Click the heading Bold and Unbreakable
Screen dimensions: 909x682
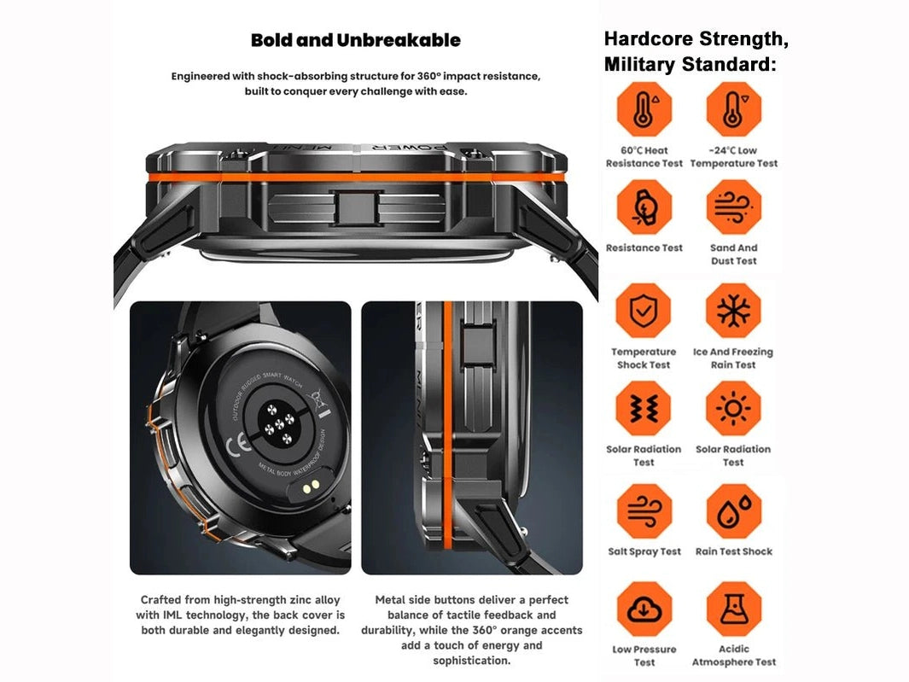355,40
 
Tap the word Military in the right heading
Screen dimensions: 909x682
640,64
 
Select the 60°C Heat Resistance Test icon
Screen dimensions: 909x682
644,109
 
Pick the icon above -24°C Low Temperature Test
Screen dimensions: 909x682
733,109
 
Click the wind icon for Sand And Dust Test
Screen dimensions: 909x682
733,207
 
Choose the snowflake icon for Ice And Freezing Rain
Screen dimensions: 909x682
733,310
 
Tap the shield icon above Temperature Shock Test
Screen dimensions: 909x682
644,310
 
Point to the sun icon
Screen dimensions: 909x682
733,408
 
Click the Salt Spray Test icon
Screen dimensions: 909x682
644,511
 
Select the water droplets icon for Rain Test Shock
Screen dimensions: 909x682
733,511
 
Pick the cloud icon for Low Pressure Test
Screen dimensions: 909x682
644,609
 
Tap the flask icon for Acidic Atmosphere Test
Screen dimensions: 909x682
733,609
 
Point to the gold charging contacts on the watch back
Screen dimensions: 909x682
311,486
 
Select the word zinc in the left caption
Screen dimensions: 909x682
305,600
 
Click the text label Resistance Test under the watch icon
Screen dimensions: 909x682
644,248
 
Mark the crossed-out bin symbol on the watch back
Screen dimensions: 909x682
318,397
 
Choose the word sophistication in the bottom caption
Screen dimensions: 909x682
472,661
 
